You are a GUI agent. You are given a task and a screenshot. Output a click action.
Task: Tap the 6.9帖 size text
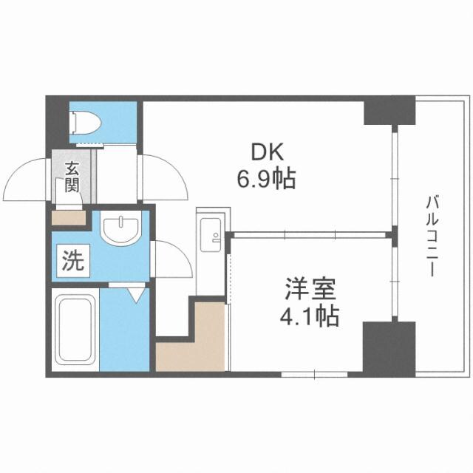click(268, 178)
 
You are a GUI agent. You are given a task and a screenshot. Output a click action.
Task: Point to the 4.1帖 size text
click(309, 316)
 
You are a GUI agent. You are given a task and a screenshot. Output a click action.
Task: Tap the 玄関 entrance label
click(72, 176)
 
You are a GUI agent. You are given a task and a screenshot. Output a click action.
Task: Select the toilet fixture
click(84, 122)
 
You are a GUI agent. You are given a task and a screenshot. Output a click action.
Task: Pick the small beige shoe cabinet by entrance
click(69, 218)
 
